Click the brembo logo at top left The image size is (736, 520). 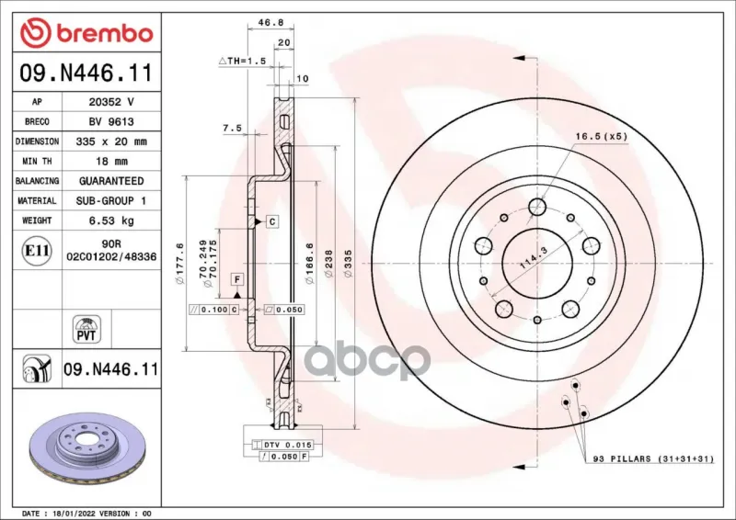click(x=86, y=33)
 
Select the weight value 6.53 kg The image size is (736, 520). click(x=111, y=220)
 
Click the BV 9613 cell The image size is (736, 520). click(x=111, y=122)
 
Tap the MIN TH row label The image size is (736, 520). click(x=37, y=162)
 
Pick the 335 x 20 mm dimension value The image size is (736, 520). click(x=111, y=141)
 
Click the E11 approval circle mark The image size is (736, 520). click(x=37, y=251)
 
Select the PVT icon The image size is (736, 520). click(x=86, y=329)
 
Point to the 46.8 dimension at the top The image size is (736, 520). click(x=270, y=22)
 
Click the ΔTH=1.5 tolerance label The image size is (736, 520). click(x=242, y=61)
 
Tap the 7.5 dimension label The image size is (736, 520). click(x=232, y=128)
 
